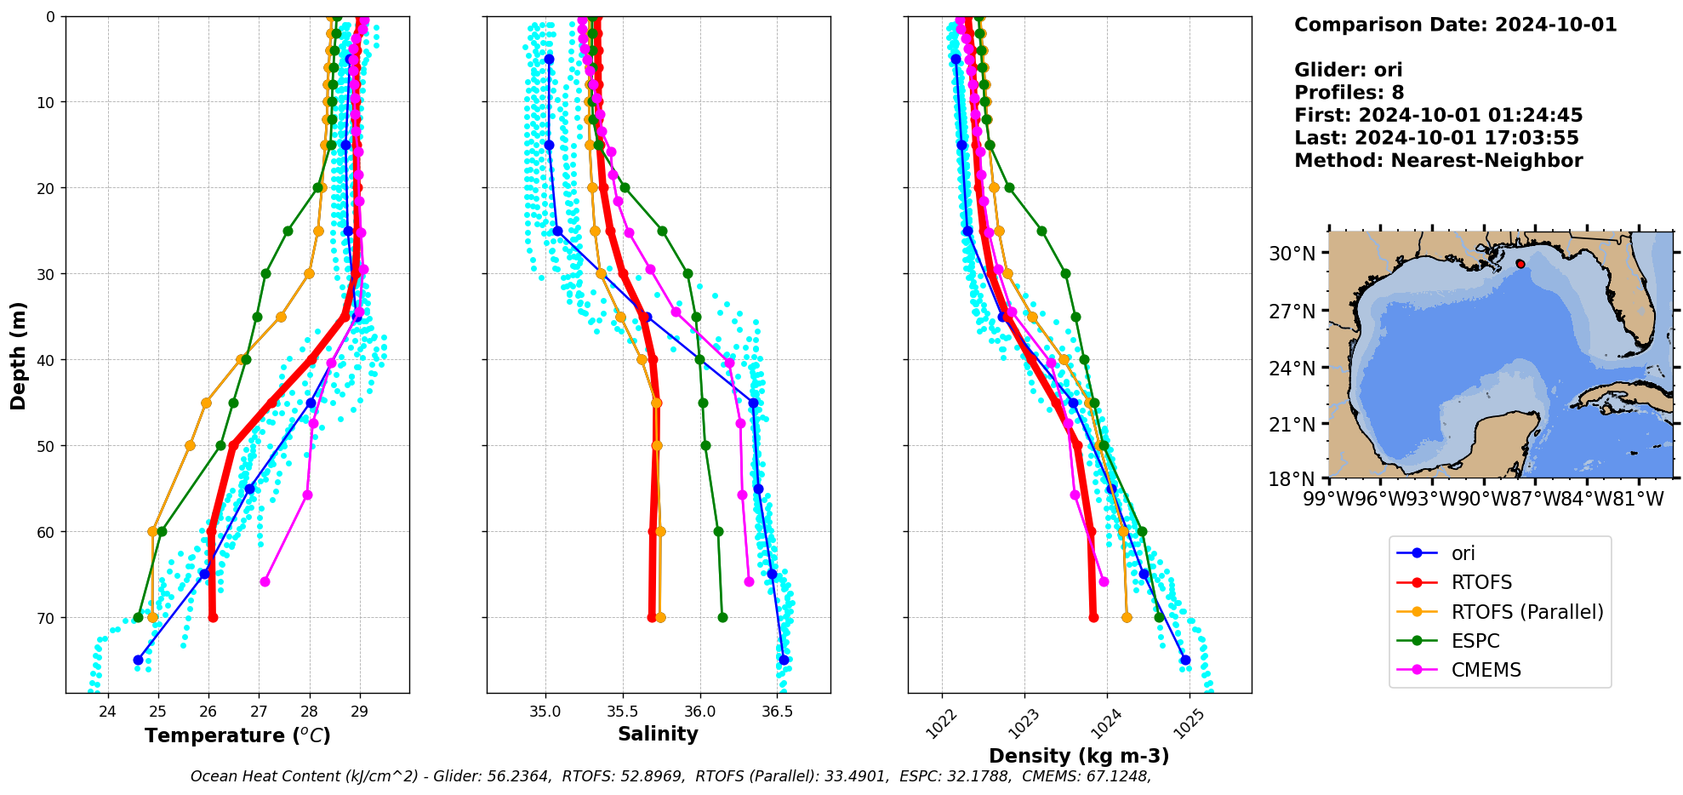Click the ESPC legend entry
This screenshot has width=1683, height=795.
click(1475, 641)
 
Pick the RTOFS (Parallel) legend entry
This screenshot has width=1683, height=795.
click(1526, 612)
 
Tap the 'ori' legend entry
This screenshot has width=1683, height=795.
click(1463, 553)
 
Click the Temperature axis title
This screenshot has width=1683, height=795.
click(237, 735)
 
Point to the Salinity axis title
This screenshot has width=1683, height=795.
click(658, 734)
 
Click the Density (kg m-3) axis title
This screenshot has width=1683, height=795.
click(1078, 756)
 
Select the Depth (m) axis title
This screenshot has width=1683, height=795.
click(19, 355)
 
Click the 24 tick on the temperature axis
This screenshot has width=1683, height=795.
click(107, 712)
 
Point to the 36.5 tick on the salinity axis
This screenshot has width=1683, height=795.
click(778, 712)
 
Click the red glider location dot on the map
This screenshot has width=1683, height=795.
click(1520, 264)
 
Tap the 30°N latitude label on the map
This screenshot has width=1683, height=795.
click(1292, 254)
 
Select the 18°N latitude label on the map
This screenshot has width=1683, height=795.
click(1292, 479)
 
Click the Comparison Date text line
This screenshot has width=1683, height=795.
click(1455, 25)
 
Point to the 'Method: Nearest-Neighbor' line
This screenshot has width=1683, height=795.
click(1438, 161)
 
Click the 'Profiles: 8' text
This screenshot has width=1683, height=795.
click(1349, 93)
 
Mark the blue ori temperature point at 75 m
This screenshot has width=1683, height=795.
click(138, 660)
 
